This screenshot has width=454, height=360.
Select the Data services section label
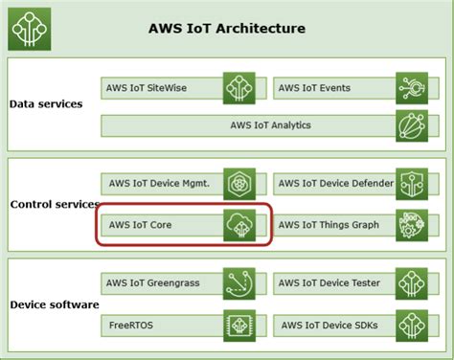(x=46, y=103)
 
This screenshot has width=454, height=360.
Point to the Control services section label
(x=54, y=204)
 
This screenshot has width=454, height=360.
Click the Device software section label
(x=54, y=304)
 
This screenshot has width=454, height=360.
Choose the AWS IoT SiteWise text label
(x=147, y=88)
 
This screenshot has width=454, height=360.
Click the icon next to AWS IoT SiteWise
(x=238, y=88)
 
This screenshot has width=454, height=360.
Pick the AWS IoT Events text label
(x=315, y=88)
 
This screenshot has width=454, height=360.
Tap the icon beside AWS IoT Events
(x=411, y=88)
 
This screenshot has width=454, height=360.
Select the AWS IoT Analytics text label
(x=270, y=124)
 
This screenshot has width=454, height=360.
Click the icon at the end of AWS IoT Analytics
(x=411, y=124)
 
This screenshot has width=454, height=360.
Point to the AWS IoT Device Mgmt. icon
(x=238, y=185)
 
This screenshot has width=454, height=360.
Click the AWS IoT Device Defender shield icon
(x=411, y=185)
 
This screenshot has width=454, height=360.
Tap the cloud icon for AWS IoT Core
(x=238, y=225)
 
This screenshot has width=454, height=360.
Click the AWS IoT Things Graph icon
(x=411, y=225)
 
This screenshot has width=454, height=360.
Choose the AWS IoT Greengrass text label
(x=153, y=283)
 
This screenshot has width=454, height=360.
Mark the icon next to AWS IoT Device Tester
(x=411, y=283)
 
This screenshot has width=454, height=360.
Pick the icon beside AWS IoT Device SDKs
(x=411, y=326)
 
